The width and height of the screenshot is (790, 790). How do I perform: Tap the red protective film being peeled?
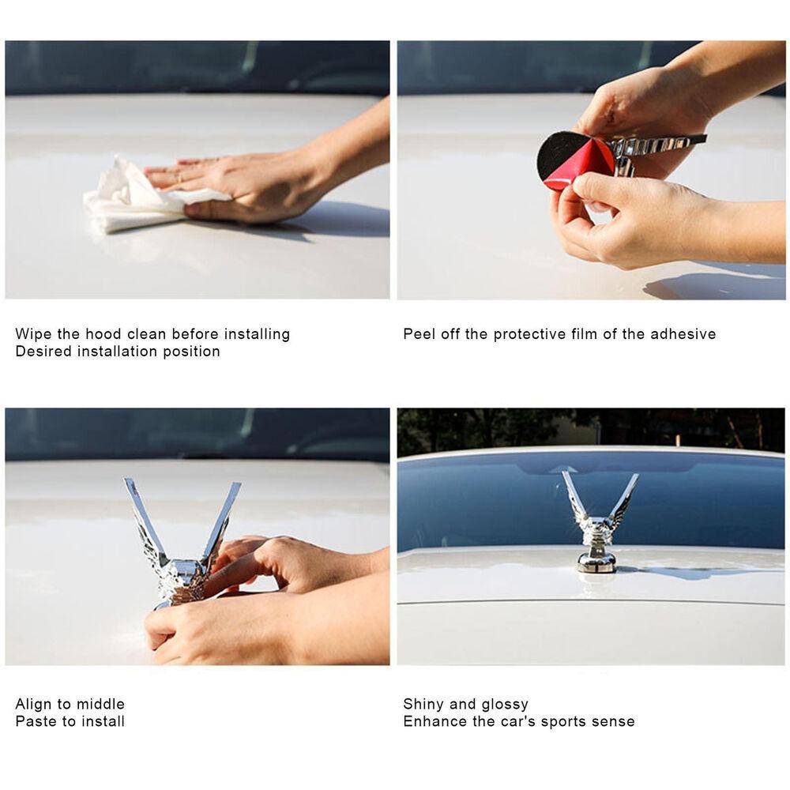[x=584, y=175]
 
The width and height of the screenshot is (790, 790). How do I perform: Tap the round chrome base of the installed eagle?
[x=597, y=563]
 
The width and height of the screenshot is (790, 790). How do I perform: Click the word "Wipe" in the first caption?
[x=34, y=334]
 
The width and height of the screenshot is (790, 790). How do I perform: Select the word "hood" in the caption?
[x=103, y=334]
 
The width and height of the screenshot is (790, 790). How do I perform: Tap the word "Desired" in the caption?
[x=43, y=352]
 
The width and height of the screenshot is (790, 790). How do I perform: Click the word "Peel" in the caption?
[x=419, y=334]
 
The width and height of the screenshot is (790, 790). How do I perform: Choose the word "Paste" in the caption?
[x=36, y=721]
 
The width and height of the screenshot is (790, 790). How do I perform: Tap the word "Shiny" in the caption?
[x=423, y=705]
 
